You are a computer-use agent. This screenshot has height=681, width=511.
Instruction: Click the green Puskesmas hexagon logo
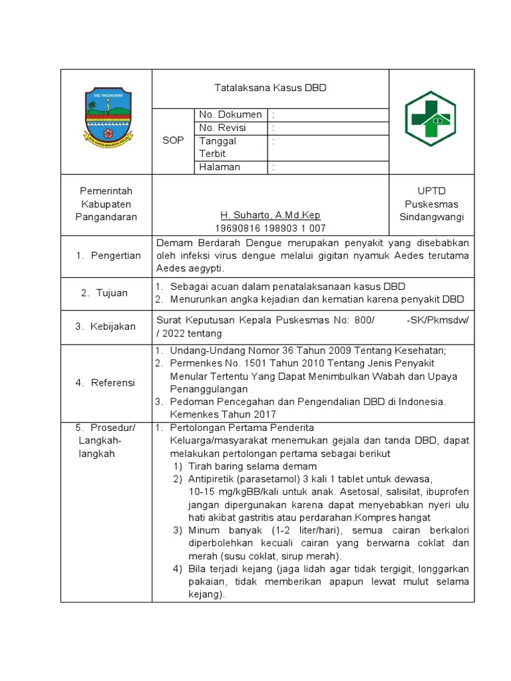point(430,119)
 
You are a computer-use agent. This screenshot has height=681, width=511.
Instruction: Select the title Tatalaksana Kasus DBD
point(270,88)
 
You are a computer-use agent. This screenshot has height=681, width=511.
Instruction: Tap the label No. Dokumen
point(230,114)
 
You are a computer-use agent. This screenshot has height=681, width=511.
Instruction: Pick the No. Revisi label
point(226,128)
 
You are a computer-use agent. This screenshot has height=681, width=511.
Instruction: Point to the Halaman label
point(220,167)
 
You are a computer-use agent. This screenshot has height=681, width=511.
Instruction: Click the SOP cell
point(173,141)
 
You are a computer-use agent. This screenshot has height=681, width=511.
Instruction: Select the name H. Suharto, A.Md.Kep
point(270,215)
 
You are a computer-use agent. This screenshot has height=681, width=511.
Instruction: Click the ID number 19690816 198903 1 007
point(270,228)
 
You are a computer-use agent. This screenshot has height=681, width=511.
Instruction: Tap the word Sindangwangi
point(431,217)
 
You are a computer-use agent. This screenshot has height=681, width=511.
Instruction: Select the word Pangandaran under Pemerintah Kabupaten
point(106,217)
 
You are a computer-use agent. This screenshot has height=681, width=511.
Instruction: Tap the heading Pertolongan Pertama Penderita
point(242,428)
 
